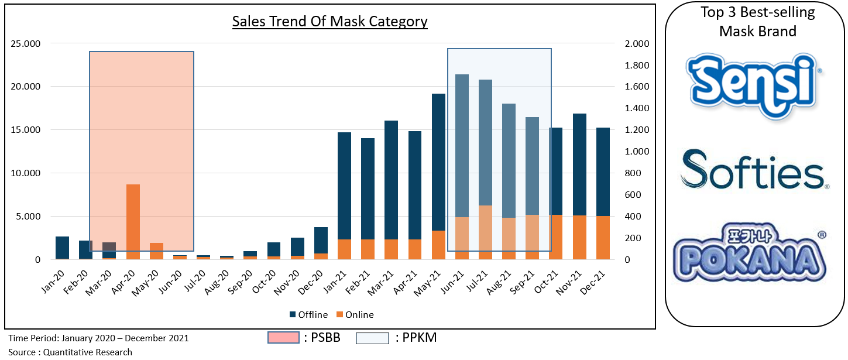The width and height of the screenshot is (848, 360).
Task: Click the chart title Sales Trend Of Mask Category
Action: click(329, 22)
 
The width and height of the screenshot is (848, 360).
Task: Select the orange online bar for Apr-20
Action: click(133, 222)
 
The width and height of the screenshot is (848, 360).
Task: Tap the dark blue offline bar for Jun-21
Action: click(462, 146)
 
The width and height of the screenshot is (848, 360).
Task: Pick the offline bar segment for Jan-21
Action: click(344, 186)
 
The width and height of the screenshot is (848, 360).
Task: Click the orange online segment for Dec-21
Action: click(603, 238)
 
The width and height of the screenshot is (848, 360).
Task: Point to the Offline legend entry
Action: click(308, 315)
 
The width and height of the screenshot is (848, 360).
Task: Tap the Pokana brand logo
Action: click(751, 253)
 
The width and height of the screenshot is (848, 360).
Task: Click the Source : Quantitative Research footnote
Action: click(70, 352)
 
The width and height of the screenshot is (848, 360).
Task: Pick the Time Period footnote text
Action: click(98, 338)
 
